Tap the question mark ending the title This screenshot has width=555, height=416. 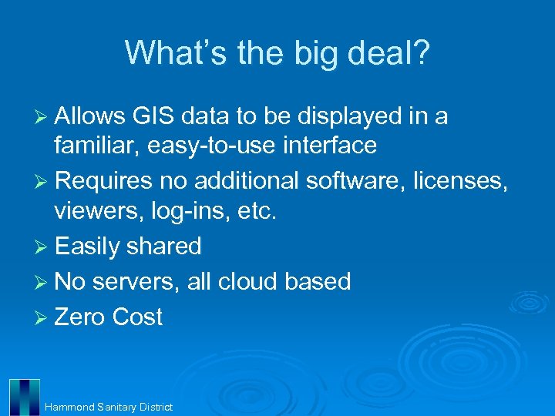[421, 52]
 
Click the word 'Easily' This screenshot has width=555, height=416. [86, 247]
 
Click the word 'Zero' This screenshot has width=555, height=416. [80, 317]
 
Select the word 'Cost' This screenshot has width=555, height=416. [137, 317]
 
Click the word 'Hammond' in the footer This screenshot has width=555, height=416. [69, 407]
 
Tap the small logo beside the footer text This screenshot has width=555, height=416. [24, 397]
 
